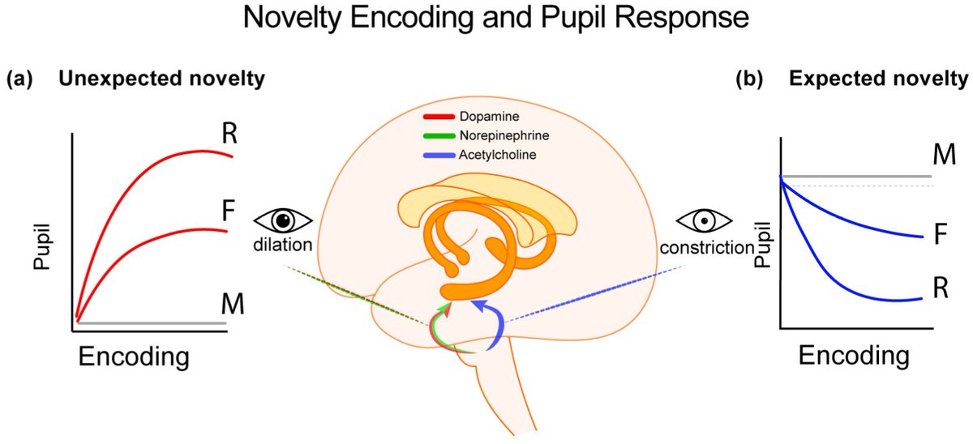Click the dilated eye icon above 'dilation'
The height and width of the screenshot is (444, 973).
pos(283,220)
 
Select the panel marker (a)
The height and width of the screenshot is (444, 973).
pos(20,80)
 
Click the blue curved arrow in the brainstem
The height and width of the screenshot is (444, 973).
pos(491,321)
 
